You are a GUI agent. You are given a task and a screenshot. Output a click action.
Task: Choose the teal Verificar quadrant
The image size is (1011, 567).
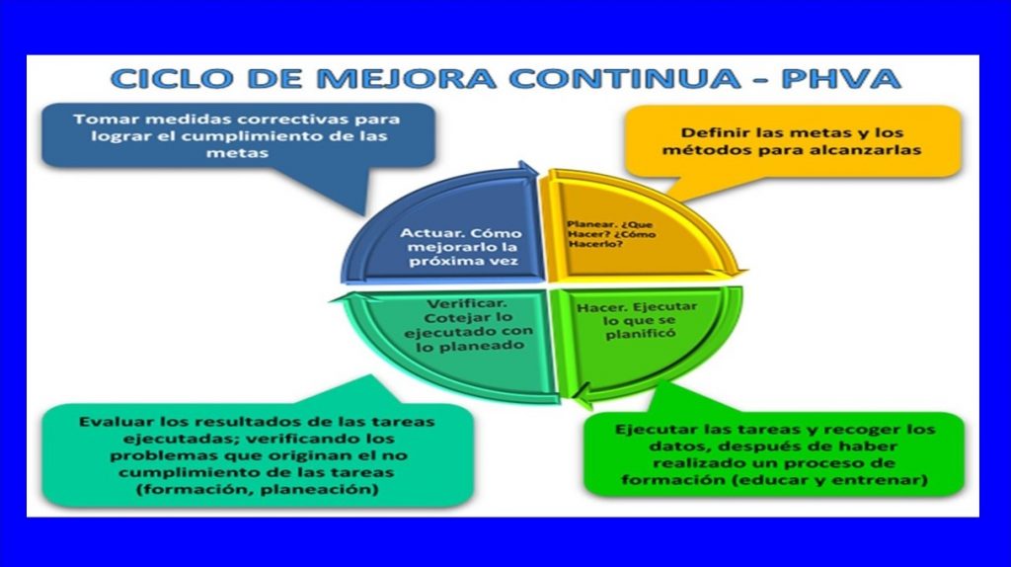451,342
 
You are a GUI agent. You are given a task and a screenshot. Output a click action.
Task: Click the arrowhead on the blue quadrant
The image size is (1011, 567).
528,170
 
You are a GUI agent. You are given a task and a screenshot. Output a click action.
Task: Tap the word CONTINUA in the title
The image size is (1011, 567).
624,79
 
